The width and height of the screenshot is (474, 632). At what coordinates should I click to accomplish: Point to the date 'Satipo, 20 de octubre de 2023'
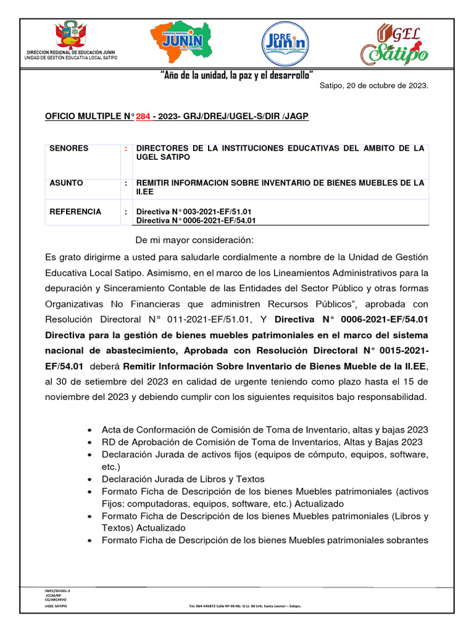click(x=373, y=85)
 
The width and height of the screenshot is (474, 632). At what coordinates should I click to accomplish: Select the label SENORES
click(x=69, y=149)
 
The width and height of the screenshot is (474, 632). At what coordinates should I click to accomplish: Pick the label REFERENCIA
click(x=75, y=212)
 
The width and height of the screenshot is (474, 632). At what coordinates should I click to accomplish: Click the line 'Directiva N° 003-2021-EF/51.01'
click(x=196, y=212)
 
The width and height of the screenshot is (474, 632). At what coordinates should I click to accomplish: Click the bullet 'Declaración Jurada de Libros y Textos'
click(x=183, y=479)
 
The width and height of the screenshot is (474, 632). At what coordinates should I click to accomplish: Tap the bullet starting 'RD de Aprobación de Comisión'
click(x=262, y=442)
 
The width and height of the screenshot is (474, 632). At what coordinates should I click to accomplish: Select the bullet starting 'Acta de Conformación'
click(x=265, y=430)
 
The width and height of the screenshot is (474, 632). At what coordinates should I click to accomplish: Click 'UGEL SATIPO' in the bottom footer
click(x=56, y=607)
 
